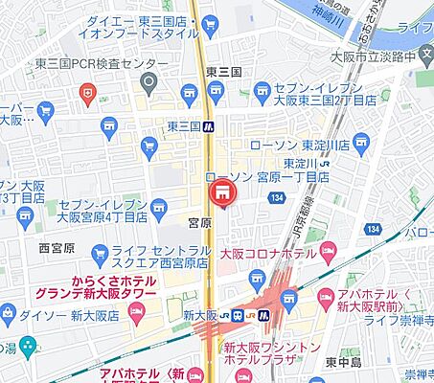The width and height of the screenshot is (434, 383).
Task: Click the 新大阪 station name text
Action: (x=196, y=315)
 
